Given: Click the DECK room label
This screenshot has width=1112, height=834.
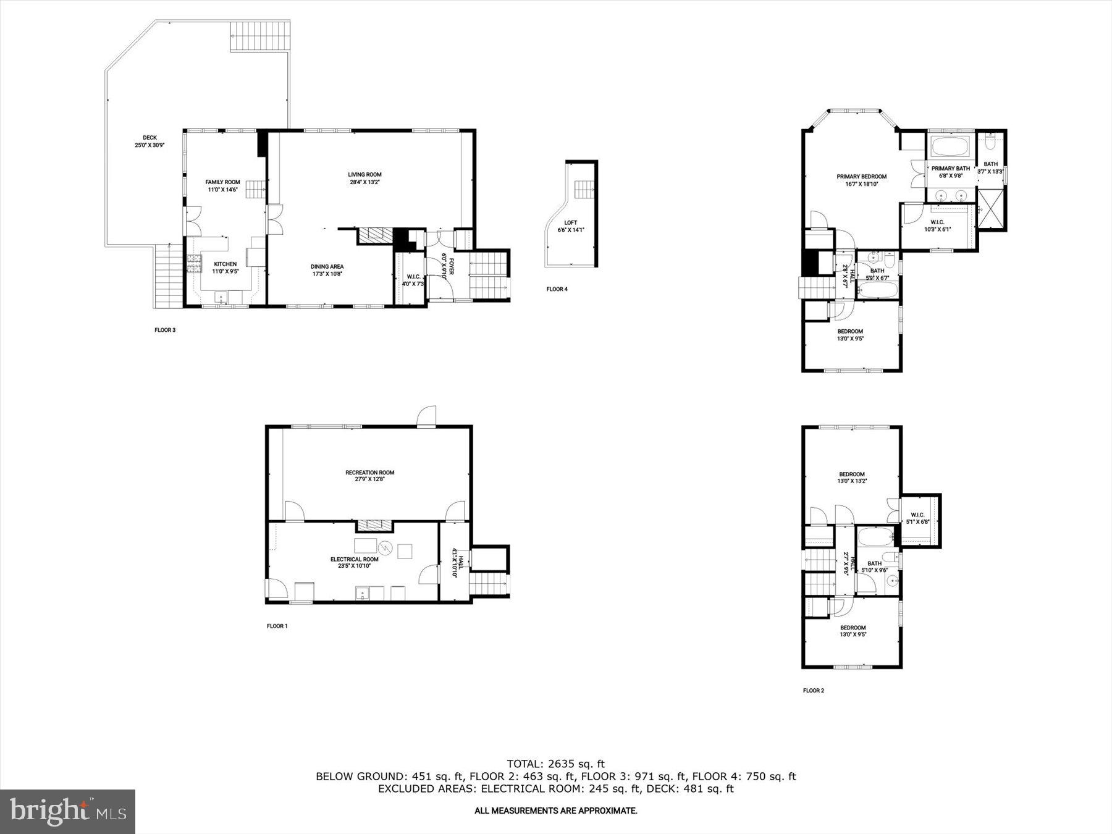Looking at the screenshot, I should click(x=150, y=138).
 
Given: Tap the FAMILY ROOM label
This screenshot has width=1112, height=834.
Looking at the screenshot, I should click(x=222, y=182).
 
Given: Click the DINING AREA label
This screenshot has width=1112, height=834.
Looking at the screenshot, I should click(x=327, y=267).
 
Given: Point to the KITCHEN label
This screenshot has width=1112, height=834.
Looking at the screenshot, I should click(x=225, y=264).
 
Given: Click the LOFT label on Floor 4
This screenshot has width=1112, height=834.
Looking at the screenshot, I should click(x=570, y=223).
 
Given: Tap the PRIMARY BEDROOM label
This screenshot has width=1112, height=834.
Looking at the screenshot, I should click(x=861, y=177).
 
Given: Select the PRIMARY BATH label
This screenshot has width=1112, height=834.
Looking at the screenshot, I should click(x=951, y=169).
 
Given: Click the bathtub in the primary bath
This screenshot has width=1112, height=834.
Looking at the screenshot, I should click(x=950, y=147).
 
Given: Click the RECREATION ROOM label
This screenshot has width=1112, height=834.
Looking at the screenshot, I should click(x=369, y=473).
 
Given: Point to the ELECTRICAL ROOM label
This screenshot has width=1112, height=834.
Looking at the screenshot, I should click(x=354, y=559).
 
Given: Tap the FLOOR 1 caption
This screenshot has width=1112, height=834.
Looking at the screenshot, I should click(x=277, y=626).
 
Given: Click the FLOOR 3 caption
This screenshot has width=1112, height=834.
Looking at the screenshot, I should click(x=165, y=330).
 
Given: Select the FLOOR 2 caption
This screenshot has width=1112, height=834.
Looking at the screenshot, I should click(x=813, y=691).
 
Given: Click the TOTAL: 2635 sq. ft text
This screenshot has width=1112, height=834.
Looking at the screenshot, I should click(x=555, y=764).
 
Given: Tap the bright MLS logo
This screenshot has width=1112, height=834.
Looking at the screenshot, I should click(x=67, y=811).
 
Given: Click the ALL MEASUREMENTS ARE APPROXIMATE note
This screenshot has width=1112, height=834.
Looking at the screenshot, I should click(x=555, y=811).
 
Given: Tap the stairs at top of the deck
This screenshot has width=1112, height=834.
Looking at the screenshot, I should click(x=259, y=37).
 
